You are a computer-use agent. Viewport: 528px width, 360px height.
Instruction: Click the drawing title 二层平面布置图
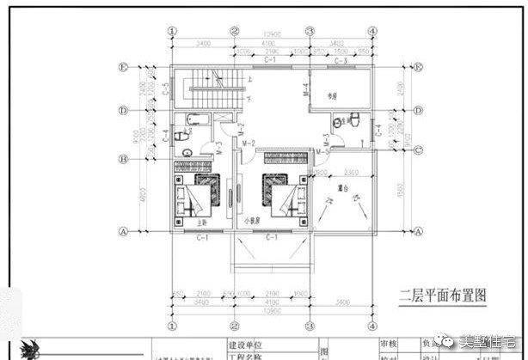coord(443,295)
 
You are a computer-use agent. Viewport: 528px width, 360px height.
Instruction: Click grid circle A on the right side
coord(420,231)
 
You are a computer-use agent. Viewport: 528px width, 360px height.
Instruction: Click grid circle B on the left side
coord(126,159)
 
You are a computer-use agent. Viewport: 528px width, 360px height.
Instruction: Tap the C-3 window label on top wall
coord(340,62)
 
